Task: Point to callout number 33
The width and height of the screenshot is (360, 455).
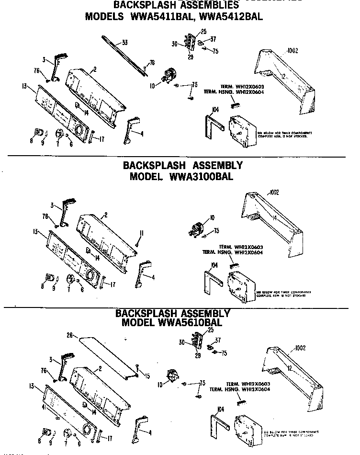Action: (124, 43)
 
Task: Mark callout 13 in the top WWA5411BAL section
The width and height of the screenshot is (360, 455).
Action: (24, 86)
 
